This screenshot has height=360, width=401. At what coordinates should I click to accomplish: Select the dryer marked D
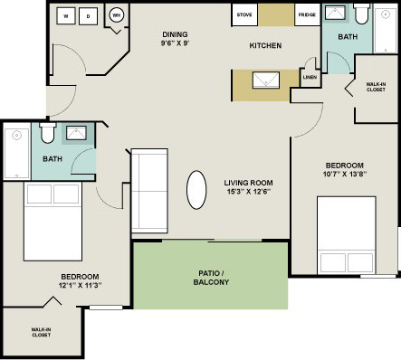tap(89, 16)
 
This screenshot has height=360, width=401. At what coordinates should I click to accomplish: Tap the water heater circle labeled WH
tap(117, 15)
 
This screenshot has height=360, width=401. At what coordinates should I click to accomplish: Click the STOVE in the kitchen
tap(243, 15)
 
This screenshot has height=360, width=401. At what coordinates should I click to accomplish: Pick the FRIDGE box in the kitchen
tap(307, 15)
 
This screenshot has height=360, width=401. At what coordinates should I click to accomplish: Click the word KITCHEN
tap(266, 45)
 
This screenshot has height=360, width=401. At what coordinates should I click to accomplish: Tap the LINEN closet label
tap(310, 78)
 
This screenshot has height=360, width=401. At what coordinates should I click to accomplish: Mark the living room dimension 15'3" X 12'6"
tap(248, 193)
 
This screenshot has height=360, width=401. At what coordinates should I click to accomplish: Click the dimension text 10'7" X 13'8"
tap(345, 175)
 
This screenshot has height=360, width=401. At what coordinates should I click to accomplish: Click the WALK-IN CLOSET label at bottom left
tap(42, 333)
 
